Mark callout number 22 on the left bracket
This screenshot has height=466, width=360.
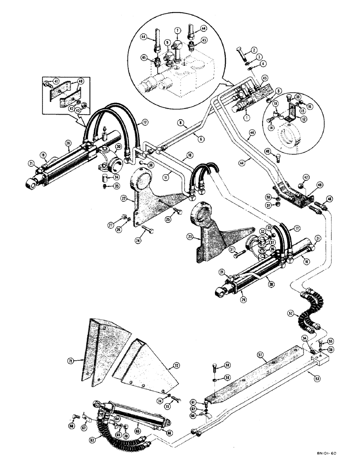pos(122,198)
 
